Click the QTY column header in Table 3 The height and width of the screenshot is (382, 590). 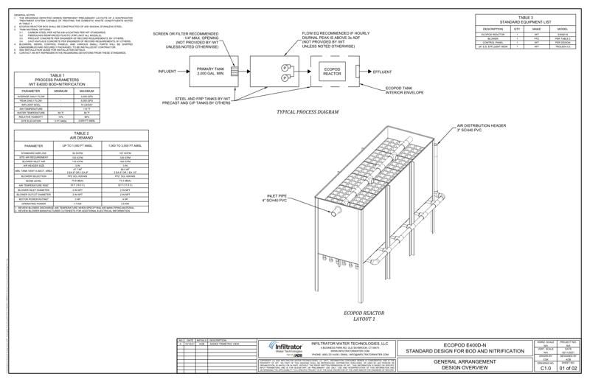click(x=516, y=29)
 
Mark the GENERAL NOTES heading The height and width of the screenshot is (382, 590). click(x=24, y=14)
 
